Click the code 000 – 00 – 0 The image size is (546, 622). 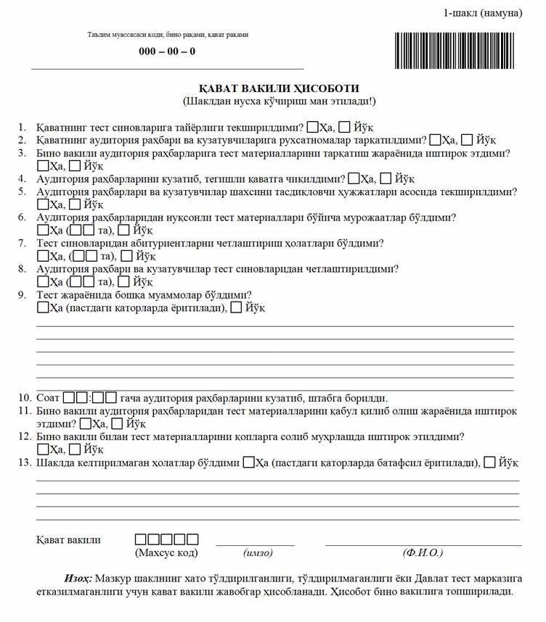[x=167, y=51]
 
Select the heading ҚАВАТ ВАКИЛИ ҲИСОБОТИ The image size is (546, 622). [x=280, y=88]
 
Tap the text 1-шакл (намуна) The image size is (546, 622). [x=483, y=13]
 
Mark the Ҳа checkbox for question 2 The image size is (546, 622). [x=436, y=139]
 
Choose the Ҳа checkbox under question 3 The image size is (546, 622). [x=42, y=165]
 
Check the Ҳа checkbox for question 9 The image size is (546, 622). [x=42, y=308]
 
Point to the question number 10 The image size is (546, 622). [x=24, y=398]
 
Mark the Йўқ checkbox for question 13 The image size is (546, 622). [x=490, y=462]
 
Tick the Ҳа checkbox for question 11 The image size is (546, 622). [x=86, y=423]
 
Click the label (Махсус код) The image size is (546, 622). [x=166, y=553]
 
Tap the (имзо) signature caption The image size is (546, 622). [x=258, y=553]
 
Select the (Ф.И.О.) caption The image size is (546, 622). [x=423, y=553]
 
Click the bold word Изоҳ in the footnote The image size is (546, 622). [x=77, y=578]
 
